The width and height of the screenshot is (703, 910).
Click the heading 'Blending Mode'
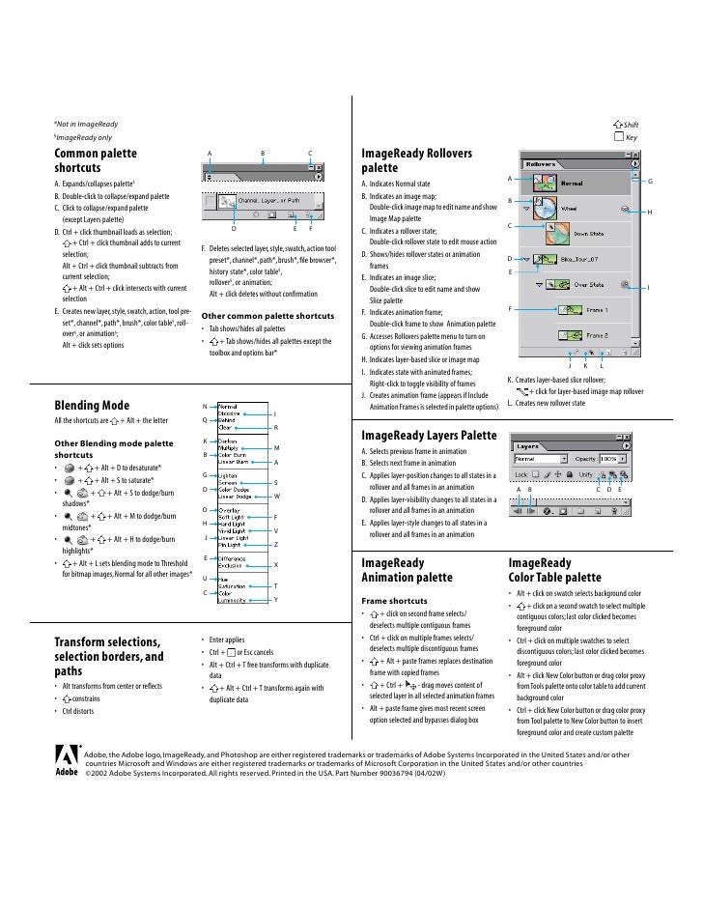coord(93,405)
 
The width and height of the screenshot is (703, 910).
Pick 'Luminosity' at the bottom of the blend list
coord(236,600)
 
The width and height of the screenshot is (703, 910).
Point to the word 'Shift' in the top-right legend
coord(633,126)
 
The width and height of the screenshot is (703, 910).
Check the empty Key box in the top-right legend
coord(618,137)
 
